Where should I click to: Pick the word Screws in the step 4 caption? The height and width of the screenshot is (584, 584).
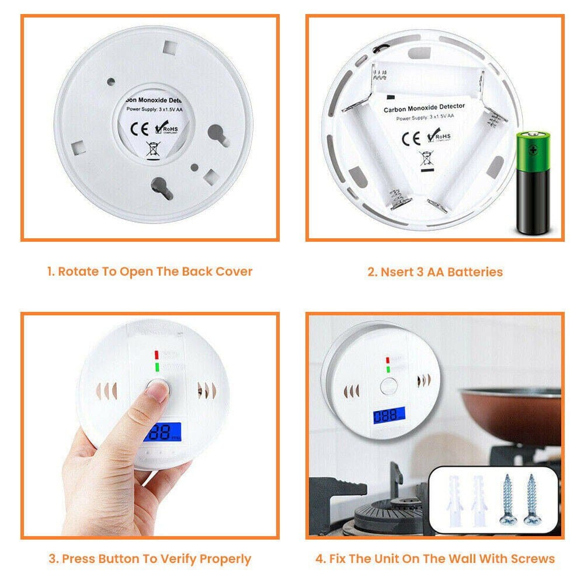(x=531, y=558)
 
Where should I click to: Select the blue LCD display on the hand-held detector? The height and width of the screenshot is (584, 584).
(x=162, y=432)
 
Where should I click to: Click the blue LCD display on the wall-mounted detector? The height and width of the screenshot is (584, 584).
(x=390, y=417)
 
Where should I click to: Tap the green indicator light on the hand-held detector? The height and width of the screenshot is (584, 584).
(x=157, y=367)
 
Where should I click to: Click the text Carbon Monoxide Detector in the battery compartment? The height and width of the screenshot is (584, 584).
(x=424, y=107)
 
